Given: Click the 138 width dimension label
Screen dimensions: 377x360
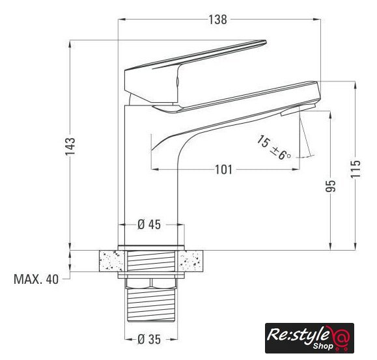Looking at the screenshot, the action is click(217, 20).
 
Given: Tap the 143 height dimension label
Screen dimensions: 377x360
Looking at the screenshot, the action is click(70, 146).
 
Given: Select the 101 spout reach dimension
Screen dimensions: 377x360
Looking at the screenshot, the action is click(223, 170).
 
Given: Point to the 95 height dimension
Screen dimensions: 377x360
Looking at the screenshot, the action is click(330, 186).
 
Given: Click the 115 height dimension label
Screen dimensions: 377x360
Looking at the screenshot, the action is click(356, 169).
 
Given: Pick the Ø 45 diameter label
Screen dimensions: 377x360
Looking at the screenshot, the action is click(149, 225).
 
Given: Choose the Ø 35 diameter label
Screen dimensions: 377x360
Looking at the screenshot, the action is click(149, 340).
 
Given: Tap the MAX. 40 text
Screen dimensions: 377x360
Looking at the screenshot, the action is click(36, 279).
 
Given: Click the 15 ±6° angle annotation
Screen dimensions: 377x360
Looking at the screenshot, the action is click(273, 148).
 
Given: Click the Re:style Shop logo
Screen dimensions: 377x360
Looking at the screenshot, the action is click(309, 338).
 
